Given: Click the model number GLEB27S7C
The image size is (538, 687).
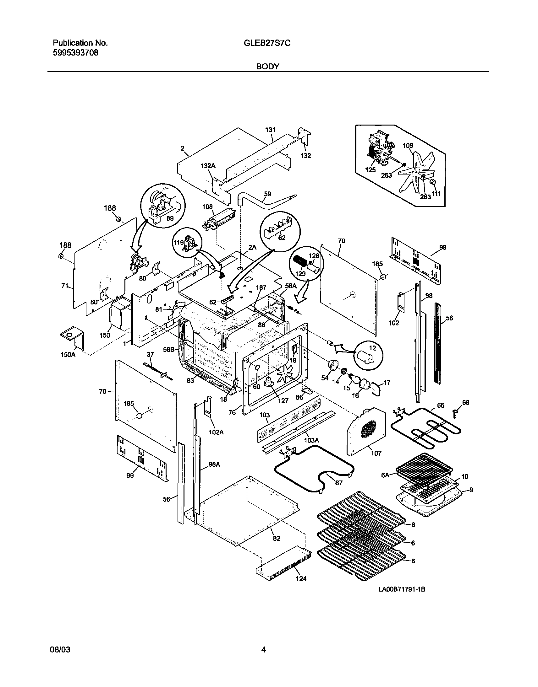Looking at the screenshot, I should coord(267,43).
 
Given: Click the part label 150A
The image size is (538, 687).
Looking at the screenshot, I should coord(68,355).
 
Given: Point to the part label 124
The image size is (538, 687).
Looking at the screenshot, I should coord(301,578).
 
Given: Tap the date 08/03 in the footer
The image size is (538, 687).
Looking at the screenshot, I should coord(60,649).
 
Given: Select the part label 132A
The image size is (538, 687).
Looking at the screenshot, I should coord(208,166).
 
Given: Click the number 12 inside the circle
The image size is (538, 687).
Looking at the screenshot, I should coord(372,348).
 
